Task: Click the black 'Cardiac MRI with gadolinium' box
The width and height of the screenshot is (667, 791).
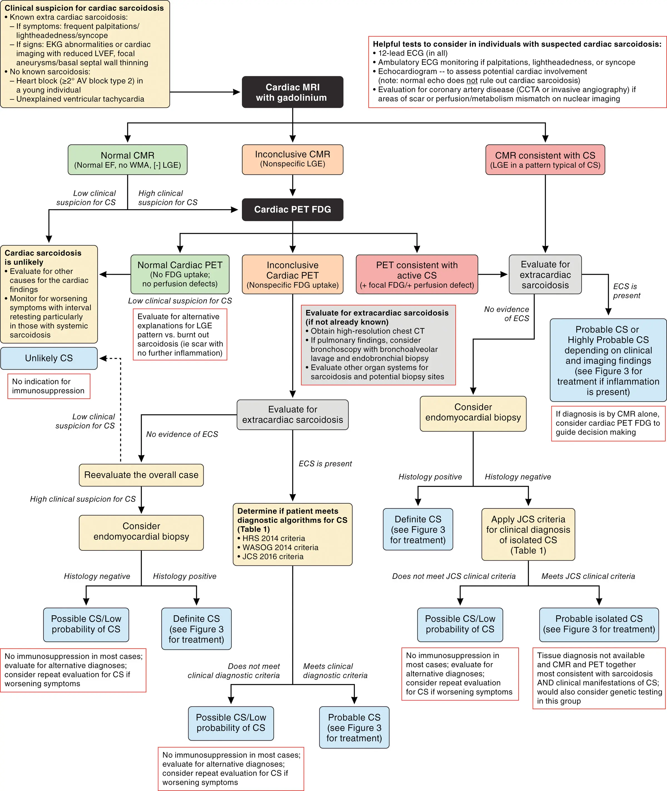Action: coord(292,92)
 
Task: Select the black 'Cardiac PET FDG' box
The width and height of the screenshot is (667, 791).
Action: coord(292,210)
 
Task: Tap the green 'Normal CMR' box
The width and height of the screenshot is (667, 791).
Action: coord(128,160)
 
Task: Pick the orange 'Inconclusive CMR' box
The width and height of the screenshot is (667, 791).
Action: coord(292,159)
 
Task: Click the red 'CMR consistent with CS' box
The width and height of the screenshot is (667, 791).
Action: coord(545,160)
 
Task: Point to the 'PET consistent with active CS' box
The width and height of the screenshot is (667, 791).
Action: coord(417,274)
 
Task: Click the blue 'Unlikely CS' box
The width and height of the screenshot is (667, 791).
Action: coord(49,358)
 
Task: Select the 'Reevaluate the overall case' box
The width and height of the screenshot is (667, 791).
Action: coord(141,475)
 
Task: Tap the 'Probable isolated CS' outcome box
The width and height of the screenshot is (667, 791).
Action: coord(599,624)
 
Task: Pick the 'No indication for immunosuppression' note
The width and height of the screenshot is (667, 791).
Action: coord(49,386)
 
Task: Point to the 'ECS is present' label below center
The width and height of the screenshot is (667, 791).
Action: coord(325,464)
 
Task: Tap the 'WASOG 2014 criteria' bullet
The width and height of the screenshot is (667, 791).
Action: coord(280,547)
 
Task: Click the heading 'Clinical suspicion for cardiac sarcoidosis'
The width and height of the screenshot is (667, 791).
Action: coord(84,8)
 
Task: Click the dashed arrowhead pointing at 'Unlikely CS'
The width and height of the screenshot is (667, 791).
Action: coord(103,358)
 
